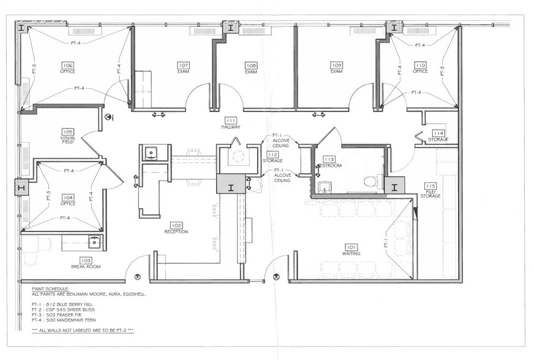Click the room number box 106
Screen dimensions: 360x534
tap(67, 64)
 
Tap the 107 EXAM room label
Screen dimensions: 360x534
tap(183, 68)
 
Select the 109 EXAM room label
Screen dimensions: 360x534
tap(336, 68)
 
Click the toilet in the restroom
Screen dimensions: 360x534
tap(370, 181)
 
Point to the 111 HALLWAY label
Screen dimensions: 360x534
tap(231, 123)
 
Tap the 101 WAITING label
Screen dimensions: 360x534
tap(351, 250)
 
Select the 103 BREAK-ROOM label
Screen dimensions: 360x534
tap(86, 263)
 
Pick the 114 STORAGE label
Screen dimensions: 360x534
tap(438, 136)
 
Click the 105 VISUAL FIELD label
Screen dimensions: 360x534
tap(67, 135)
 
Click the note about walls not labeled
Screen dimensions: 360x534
tap(83, 330)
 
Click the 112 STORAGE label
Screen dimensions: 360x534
tap(273, 157)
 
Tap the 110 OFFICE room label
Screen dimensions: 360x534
tap(420, 67)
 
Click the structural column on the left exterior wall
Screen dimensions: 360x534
tap(21, 187)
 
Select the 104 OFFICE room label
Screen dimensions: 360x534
tap(67, 200)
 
